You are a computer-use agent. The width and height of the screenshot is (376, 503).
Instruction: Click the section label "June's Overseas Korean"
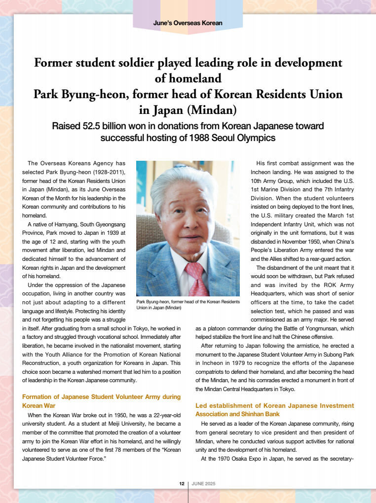[x=188, y=23]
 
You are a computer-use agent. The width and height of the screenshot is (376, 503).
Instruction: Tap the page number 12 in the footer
[x=182, y=484]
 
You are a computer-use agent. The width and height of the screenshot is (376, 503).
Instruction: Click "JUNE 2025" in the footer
[x=203, y=484]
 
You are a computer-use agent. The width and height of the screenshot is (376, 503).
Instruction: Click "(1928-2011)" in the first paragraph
[x=109, y=172]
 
